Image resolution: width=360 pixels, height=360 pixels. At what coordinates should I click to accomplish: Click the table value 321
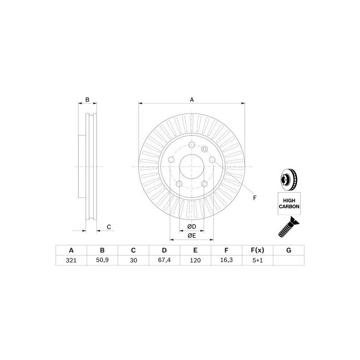coord(71,261)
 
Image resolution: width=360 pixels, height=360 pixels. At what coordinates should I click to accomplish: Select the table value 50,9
coord(102,261)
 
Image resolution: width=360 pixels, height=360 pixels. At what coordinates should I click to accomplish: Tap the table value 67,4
coord(164,261)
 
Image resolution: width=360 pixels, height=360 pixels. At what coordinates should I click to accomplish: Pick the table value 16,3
coord(226,261)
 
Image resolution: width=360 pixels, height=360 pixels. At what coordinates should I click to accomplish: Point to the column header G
coord(288,251)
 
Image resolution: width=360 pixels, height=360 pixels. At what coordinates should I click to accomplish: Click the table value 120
coord(195,261)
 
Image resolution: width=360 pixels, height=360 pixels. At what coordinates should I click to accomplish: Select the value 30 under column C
coord(133,261)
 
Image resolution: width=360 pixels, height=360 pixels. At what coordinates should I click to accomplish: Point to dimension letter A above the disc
coord(192,99)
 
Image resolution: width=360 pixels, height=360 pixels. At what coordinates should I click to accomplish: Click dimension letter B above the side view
coord(88,99)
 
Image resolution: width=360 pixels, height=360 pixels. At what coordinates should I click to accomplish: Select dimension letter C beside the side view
coord(109,226)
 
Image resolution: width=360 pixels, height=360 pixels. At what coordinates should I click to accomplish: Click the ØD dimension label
coord(192,226)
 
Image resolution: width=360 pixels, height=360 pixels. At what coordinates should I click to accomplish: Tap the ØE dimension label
coord(192,235)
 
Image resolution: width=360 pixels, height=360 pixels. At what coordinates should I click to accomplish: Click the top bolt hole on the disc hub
coord(192,145)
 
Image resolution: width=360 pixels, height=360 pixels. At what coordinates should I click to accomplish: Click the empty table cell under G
coord(288,261)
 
